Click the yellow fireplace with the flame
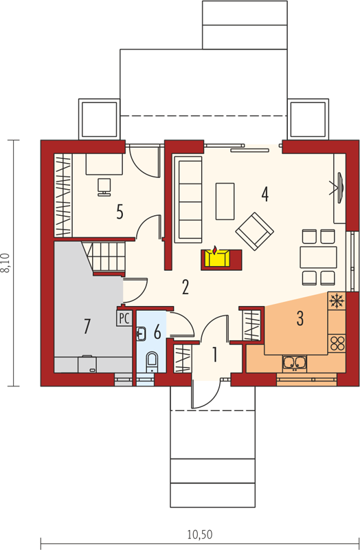[x=217, y=258]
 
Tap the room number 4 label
[x=265, y=195]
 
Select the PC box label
[x=124, y=318]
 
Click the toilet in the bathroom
[x=152, y=362]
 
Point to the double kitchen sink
[x=295, y=363]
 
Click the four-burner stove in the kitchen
[x=337, y=343]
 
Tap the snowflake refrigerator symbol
[x=337, y=301]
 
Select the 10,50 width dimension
[x=200, y=535]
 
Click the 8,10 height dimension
[x=7, y=263]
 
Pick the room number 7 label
[x=87, y=326]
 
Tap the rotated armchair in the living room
[x=254, y=231]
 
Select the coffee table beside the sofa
[x=225, y=201]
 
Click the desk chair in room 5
[x=104, y=187]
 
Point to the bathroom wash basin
[x=141, y=333]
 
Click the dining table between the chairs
[x=318, y=257]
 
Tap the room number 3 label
[x=300, y=318]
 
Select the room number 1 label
[x=214, y=355]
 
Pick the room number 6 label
[x=157, y=332]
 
